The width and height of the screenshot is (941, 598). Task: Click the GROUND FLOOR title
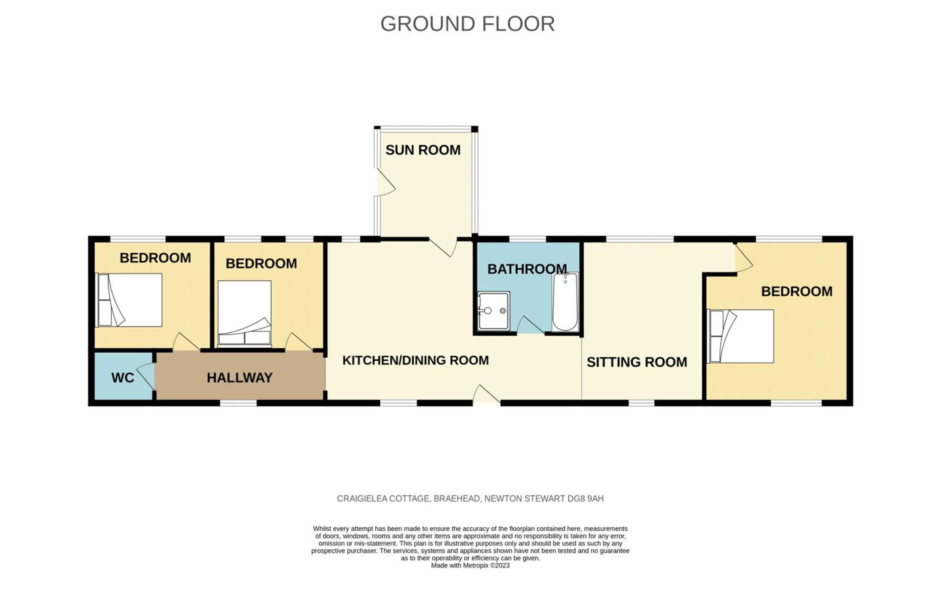[x=467, y=24]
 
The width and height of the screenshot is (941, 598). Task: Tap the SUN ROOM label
[x=423, y=150]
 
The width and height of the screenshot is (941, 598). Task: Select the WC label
[x=122, y=377]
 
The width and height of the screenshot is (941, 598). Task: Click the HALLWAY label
[x=240, y=377]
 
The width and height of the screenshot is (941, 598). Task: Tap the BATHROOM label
[x=527, y=269]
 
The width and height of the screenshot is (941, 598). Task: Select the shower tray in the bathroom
[x=494, y=311]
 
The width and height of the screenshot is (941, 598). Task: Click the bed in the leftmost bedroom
[x=129, y=300]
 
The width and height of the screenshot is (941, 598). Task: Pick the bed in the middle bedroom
[x=244, y=313]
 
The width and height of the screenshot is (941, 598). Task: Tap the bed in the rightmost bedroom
[x=741, y=336]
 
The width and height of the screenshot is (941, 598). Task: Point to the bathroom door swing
[x=531, y=325]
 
